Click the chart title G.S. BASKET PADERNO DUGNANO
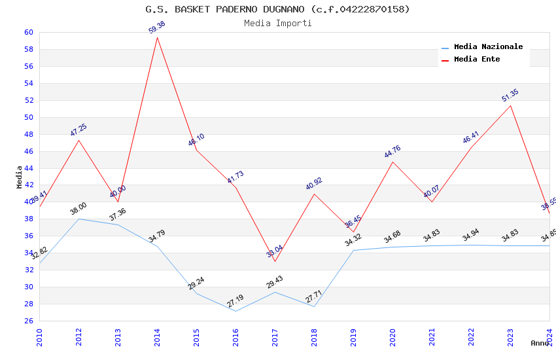277,9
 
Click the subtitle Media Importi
277,24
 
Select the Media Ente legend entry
477,60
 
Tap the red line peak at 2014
157,37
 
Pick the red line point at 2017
275,261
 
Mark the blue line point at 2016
235,311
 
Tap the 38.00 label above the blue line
78,209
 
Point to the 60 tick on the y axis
29,32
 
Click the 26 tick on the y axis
29,321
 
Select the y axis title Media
20,177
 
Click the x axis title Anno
540,343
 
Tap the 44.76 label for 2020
392,152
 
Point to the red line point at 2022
471,147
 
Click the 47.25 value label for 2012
78,130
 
